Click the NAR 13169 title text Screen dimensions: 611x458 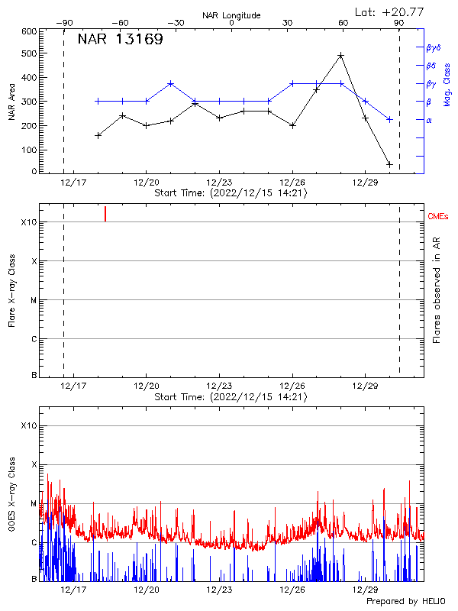pyautogui.click(x=120, y=40)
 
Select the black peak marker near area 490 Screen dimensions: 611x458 pyautogui.click(x=340, y=56)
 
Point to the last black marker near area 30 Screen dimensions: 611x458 pyautogui.click(x=389, y=164)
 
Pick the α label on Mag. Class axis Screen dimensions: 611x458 pyautogui.click(x=428, y=120)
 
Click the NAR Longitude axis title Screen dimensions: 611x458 pyautogui.click(x=231, y=15)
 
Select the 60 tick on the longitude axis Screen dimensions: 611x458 pyautogui.click(x=343, y=23)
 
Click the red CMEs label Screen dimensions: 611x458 pyautogui.click(x=439, y=218)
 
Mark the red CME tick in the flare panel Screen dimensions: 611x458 pyautogui.click(x=105, y=214)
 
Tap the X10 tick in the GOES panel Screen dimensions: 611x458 pyautogui.click(x=30, y=425)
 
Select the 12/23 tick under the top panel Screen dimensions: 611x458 pyautogui.click(x=219, y=183)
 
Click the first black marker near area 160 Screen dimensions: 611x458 pyautogui.click(x=98, y=135)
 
